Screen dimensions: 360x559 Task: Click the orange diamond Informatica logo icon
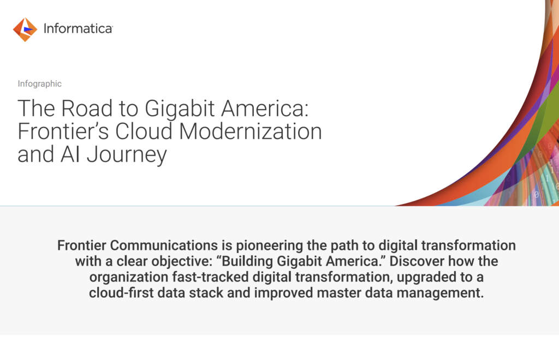(25, 29)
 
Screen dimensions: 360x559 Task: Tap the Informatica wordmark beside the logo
(78, 29)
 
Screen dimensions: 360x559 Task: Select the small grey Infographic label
(39, 84)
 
